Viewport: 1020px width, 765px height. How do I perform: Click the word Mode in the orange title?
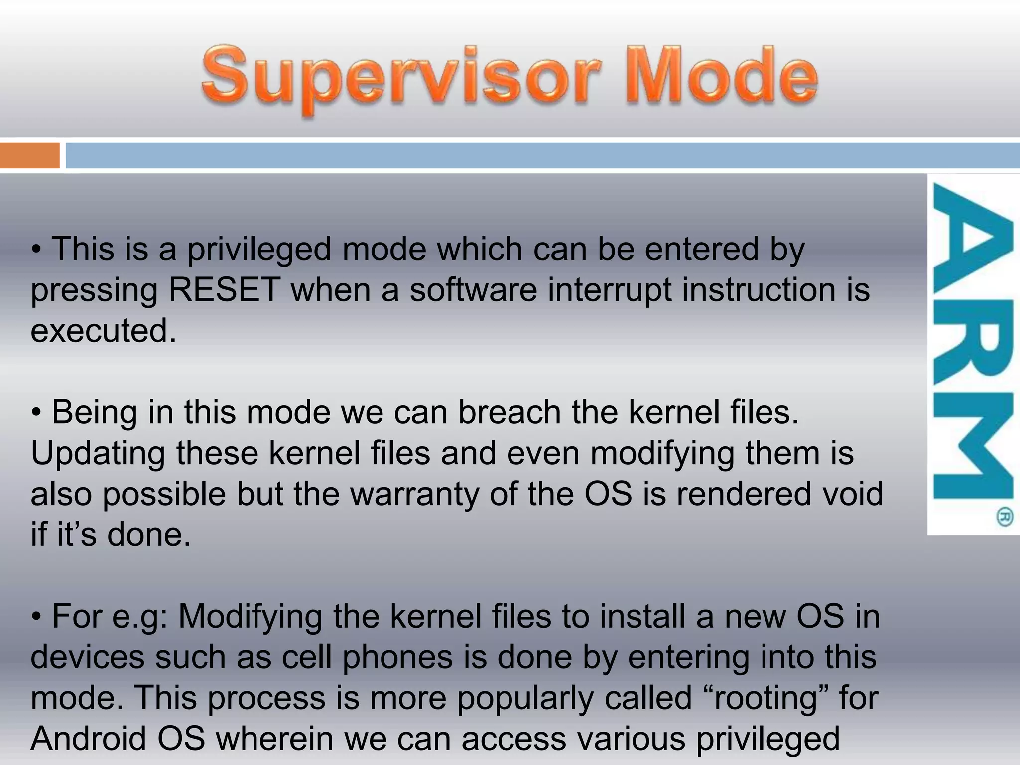click(721, 77)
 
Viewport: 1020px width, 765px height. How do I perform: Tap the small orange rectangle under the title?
click(29, 155)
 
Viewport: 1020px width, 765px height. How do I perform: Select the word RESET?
click(224, 290)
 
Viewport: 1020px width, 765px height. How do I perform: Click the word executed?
click(103, 331)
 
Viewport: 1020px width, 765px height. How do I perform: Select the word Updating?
click(97, 453)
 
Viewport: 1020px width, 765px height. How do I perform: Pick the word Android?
click(88, 739)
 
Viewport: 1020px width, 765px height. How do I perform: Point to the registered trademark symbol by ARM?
click(1004, 516)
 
